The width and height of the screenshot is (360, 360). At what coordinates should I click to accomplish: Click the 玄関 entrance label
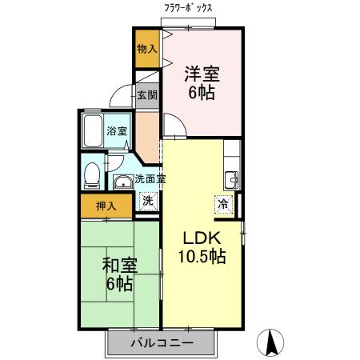point(146,95)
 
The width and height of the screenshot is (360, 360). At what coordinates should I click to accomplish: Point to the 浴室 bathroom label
point(117,131)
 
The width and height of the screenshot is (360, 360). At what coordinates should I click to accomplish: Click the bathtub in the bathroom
point(92,131)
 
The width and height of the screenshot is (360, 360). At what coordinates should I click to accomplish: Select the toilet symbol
point(93,171)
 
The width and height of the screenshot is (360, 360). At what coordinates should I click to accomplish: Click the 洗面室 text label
point(150,179)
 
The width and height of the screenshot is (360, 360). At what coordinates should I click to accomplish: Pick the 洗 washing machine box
point(147,202)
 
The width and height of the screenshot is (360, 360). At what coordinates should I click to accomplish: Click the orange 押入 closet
point(106,206)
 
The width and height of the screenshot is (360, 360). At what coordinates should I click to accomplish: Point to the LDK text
point(202,238)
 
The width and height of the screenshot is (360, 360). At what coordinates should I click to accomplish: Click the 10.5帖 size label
point(202,258)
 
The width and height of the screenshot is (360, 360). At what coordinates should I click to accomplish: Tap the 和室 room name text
point(118,264)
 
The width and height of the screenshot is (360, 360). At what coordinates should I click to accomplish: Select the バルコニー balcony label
point(162,343)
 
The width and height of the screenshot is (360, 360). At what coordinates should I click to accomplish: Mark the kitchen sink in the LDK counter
point(232,178)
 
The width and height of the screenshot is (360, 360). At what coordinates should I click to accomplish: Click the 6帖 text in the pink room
point(202,93)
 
